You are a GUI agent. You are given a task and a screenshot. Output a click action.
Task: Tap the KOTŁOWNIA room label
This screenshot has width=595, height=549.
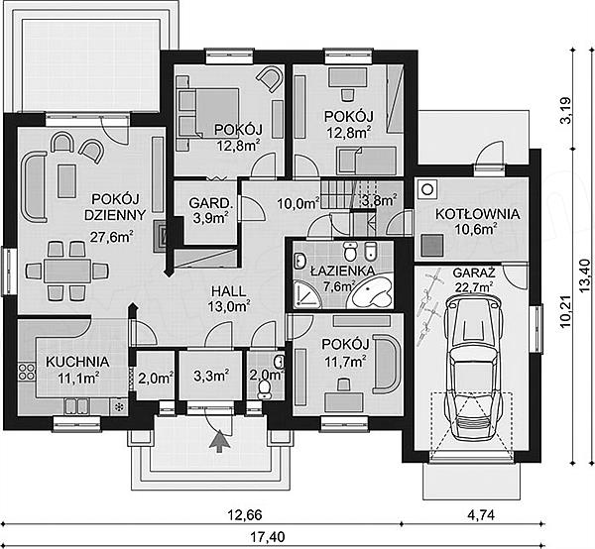[x=477, y=214]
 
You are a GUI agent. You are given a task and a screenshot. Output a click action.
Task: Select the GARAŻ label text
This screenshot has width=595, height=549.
[x=474, y=273]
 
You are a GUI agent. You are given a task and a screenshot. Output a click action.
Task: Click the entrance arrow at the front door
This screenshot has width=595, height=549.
[x=220, y=441]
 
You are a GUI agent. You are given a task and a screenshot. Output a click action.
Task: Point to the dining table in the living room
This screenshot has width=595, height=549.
[x=67, y=271]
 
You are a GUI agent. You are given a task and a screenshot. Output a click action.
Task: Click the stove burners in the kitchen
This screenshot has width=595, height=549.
[x=26, y=372]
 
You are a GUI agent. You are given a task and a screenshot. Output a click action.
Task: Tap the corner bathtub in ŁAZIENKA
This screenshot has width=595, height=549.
[x=372, y=291]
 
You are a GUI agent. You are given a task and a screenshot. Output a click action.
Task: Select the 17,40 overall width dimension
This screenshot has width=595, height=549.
[x=268, y=537]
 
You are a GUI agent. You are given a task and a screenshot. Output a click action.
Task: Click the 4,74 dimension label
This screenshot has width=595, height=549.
[x=481, y=515]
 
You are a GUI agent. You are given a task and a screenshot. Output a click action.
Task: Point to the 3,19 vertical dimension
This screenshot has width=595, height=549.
[x=565, y=110]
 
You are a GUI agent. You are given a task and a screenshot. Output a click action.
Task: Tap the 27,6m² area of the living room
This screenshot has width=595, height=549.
[x=111, y=237]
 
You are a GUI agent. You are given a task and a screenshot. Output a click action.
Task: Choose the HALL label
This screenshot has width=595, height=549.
[x=229, y=291]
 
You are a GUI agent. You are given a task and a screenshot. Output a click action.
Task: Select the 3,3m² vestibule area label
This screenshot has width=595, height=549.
[x=211, y=377]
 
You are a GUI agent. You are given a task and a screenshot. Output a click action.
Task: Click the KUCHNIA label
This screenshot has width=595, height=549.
[x=77, y=362]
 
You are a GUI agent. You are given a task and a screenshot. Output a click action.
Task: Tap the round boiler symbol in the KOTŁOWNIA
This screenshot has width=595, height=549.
[x=427, y=189]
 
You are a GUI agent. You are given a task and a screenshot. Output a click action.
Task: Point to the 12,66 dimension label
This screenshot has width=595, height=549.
[x=245, y=515]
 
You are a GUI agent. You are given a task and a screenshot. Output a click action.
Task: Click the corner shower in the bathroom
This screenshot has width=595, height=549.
[x=307, y=292]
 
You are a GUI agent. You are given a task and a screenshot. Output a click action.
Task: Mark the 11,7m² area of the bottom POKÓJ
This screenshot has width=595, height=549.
[x=345, y=362]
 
